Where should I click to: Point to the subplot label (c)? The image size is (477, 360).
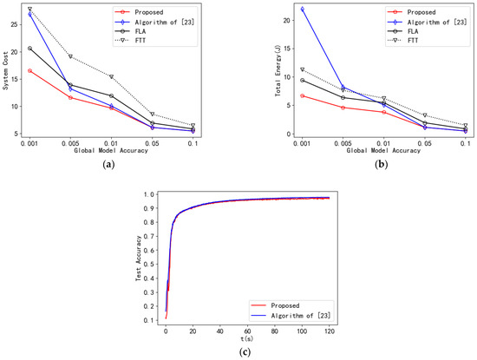point(238,353)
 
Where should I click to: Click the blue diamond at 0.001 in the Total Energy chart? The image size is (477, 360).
point(278,9)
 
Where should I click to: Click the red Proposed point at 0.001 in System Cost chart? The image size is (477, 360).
point(30,70)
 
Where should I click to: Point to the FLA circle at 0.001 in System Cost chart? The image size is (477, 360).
point(30,49)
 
